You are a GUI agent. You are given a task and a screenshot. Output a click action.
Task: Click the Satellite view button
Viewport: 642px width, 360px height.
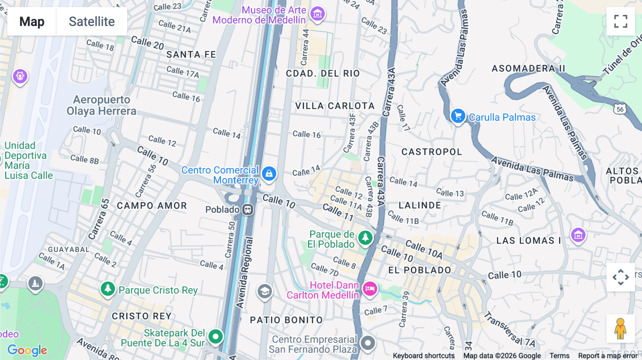pos(92,21)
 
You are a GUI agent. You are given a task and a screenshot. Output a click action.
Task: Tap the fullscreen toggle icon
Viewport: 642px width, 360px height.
pos(621,21)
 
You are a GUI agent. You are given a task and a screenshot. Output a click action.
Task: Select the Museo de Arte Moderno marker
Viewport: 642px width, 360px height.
pos(317,14)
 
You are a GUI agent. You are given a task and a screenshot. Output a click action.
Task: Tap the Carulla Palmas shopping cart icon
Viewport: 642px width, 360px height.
pos(458,116)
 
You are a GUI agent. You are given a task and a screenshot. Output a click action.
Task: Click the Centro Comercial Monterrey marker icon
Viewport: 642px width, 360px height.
pos(269,174)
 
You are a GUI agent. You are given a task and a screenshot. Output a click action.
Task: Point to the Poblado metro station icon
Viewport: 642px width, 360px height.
pos(248,210)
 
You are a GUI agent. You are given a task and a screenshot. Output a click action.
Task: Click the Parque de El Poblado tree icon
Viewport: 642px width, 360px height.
pos(365,237)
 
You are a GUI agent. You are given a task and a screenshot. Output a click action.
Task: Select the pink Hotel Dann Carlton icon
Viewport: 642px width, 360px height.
pos(370,288)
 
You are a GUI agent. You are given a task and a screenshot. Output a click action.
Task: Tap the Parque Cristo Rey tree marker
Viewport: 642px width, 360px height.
pos(108,288)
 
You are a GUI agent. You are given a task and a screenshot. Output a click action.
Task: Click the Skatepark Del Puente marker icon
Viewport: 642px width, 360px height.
pos(215,336)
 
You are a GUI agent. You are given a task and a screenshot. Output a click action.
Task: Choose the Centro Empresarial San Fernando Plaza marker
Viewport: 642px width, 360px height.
pos(368,343)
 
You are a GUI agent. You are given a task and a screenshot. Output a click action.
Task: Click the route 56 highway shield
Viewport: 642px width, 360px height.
pos(620,109)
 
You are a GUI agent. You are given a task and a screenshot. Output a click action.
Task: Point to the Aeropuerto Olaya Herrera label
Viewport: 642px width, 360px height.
pos(101,105)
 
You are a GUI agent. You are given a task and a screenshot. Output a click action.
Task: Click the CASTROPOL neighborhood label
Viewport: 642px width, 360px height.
pos(432,152)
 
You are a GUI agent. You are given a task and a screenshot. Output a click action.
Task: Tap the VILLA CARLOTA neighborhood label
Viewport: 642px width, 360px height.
pos(335,106)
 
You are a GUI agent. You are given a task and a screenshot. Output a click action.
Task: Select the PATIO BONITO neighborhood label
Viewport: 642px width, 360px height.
pos(286,320)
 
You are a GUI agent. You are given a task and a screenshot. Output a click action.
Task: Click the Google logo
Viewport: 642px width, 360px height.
pos(27,350)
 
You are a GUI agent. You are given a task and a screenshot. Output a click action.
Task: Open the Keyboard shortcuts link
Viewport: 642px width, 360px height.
pos(423,356)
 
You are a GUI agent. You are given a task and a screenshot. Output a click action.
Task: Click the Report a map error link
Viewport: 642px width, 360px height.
pos(607,356)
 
